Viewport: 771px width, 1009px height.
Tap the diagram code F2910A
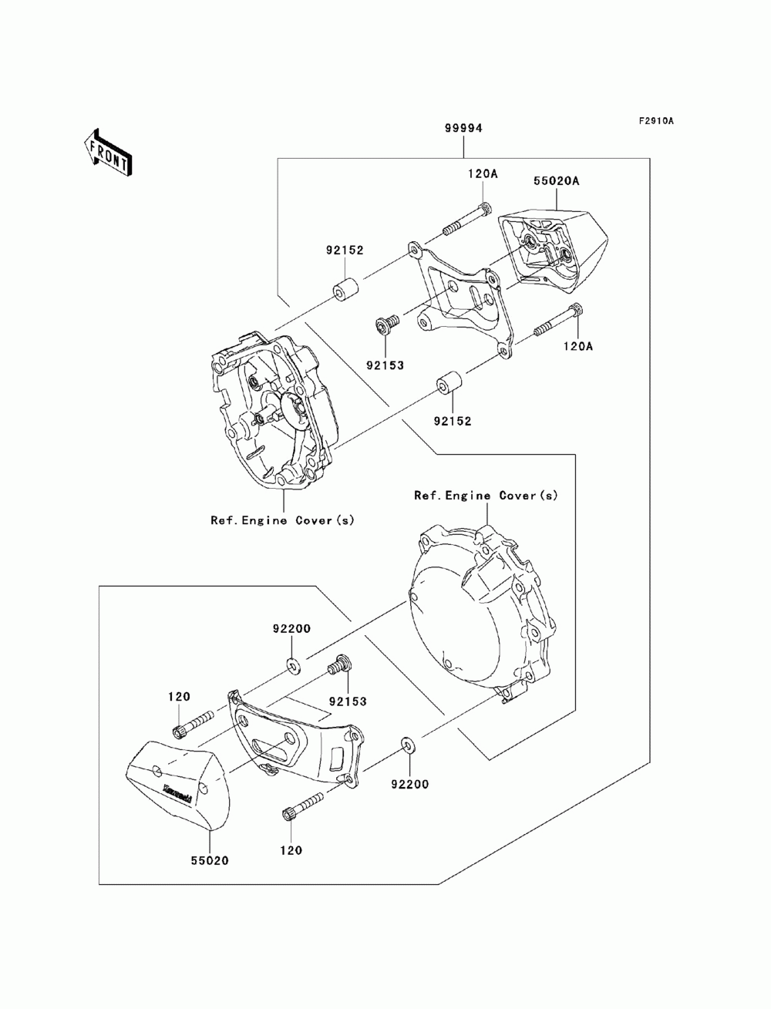click(655, 121)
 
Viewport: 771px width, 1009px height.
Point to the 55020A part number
click(556, 181)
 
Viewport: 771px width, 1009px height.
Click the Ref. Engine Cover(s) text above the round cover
click(486, 495)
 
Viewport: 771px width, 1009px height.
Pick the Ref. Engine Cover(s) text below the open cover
click(282, 520)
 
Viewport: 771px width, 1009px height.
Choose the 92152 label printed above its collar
click(345, 250)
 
